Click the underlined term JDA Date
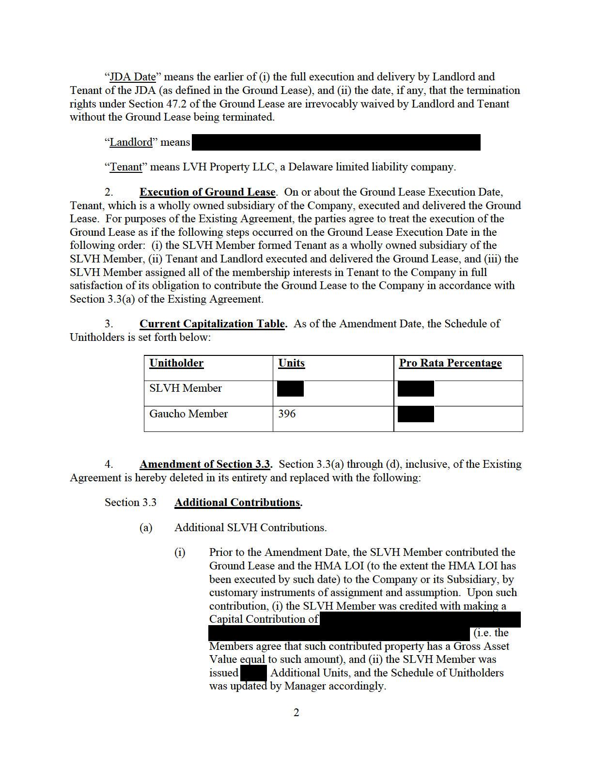pos(133,77)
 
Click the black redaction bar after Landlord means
pos(336,142)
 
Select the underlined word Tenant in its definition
pos(126,168)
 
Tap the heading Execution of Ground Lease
pos(207,192)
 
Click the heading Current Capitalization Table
pos(212,324)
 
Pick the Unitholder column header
pos(176,363)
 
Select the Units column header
pos(291,363)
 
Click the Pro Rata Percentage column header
pos(450,363)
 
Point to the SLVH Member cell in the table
pos(186,388)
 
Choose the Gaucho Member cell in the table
pos(188,414)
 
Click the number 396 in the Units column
pos(287,414)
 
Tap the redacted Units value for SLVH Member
pos(290,389)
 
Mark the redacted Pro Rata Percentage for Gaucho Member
pos(416,414)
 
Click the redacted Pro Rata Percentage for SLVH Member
pos(416,389)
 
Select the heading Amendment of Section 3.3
pos(205,464)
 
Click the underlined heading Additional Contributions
pos(237,503)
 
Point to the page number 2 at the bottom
pos(296,712)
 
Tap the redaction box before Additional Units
pos(253,673)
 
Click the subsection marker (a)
pos(146,528)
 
